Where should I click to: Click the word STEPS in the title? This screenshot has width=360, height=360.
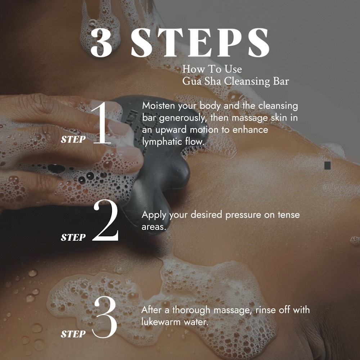tap(200, 43)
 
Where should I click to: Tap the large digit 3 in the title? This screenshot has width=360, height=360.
tap(101, 43)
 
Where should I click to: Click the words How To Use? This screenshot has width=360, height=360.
tap(212, 69)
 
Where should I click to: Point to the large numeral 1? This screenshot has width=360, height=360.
tap(102, 123)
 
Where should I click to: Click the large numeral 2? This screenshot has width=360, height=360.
tap(105, 220)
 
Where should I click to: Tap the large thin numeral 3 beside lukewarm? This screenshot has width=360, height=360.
tap(105, 317)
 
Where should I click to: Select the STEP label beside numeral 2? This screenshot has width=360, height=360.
tap(73, 237)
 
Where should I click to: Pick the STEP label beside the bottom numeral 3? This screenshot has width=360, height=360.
tap(73, 334)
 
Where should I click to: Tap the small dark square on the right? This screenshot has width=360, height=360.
tap(327, 166)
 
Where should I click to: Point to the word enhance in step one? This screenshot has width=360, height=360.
tap(250, 130)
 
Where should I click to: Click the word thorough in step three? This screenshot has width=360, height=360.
tap(191, 310)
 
